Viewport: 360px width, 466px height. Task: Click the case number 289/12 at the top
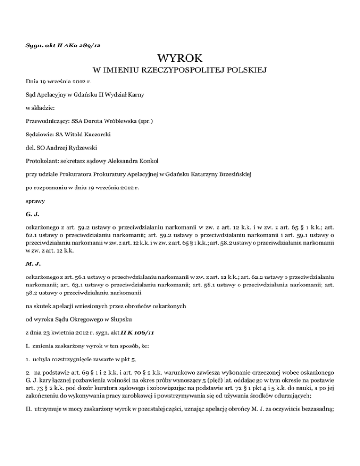[91, 46]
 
